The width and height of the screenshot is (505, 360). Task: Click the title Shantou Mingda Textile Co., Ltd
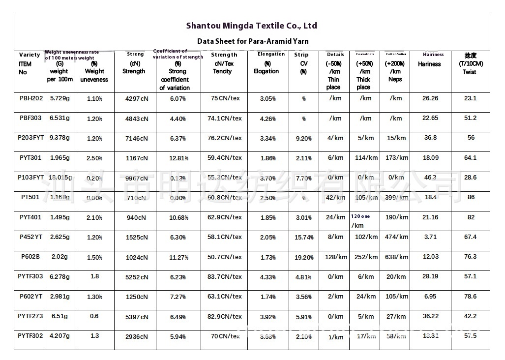click(251, 26)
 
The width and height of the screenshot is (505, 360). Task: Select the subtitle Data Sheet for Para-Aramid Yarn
click(253, 41)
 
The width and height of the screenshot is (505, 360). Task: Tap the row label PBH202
click(31, 98)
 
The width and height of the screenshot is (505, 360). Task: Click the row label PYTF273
click(30, 316)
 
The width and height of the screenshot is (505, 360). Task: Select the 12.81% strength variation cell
click(178, 158)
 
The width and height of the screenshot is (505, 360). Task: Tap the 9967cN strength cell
click(137, 178)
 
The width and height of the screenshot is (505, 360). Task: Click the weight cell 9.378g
click(60, 138)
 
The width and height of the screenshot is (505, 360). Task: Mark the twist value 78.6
click(471, 297)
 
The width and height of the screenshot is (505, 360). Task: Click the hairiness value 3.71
click(430, 237)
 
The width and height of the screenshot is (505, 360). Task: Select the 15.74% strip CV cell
click(304, 238)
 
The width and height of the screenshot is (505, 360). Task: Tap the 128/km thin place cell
click(336, 257)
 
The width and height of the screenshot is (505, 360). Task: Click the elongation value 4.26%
click(267, 119)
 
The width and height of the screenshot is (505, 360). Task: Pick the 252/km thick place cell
click(366, 257)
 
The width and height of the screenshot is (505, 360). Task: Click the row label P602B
click(30, 257)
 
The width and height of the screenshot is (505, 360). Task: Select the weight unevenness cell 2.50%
click(94, 158)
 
